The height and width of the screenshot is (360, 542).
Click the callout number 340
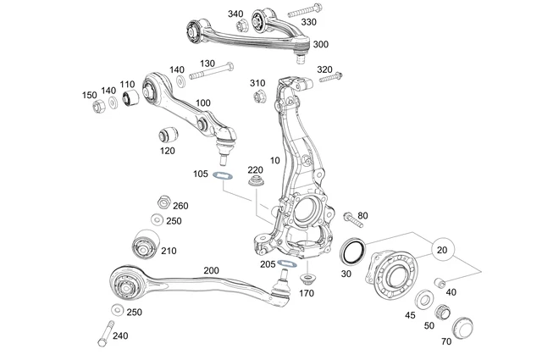[x=235, y=14]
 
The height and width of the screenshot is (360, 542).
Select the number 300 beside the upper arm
[x=321, y=44]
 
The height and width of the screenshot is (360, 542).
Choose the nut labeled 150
[x=97, y=106]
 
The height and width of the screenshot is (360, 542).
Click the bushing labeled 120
[x=167, y=134]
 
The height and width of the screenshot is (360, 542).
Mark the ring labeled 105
[x=223, y=175]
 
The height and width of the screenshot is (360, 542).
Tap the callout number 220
[x=255, y=169]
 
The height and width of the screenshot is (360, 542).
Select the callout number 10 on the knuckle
[x=273, y=159]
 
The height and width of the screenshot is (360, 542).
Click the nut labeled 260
[x=159, y=202]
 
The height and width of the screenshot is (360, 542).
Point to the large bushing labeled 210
[x=145, y=246]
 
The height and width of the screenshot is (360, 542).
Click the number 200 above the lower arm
[x=211, y=271]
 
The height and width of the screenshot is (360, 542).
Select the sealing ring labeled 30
[x=351, y=252]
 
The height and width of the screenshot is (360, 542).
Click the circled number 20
[x=442, y=251]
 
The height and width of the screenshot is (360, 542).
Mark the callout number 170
[x=307, y=294]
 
